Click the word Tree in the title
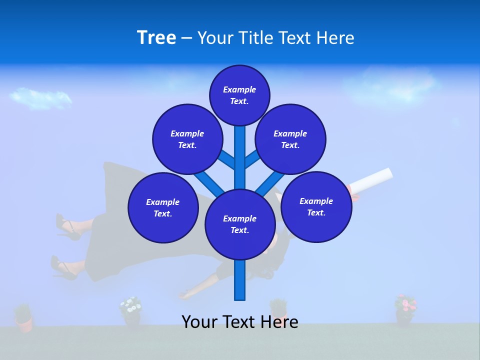coord(156,38)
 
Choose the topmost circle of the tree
coord(239,95)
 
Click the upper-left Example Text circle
coord(187,139)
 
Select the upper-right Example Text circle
coord(290,139)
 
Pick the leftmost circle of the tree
coord(163,207)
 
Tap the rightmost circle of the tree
coord(316,206)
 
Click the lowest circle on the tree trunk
coord(239,224)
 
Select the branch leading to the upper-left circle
coord(226,159)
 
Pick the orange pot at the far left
coord(23,320)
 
